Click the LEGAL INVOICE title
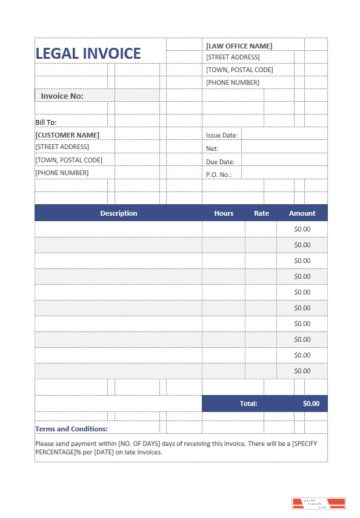(88, 53)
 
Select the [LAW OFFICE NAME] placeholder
(239, 45)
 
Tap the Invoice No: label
(62, 96)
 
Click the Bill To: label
(45, 122)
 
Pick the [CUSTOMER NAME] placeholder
(67, 134)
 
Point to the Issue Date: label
(222, 135)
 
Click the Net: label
(212, 148)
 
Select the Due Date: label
(220, 162)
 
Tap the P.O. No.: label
(219, 174)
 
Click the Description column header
(119, 213)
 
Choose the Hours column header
(224, 213)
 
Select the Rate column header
(261, 213)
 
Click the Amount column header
(302, 213)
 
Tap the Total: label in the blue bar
(248, 403)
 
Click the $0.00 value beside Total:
(311, 403)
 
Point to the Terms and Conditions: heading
(72, 429)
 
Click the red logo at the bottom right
(318, 503)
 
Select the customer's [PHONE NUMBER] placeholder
(62, 173)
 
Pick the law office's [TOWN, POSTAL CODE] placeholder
(239, 70)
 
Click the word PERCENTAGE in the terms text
(56, 452)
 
